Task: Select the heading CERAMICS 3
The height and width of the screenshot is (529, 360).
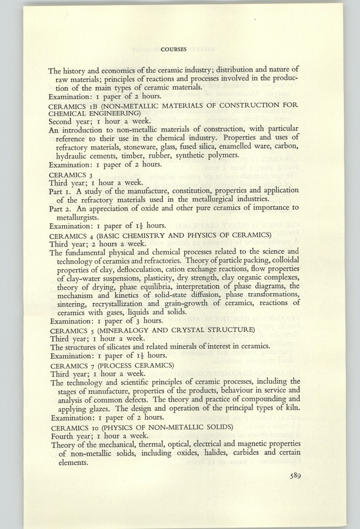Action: click(x=68, y=175)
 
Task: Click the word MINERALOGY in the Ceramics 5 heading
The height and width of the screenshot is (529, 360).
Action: click(x=135, y=331)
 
